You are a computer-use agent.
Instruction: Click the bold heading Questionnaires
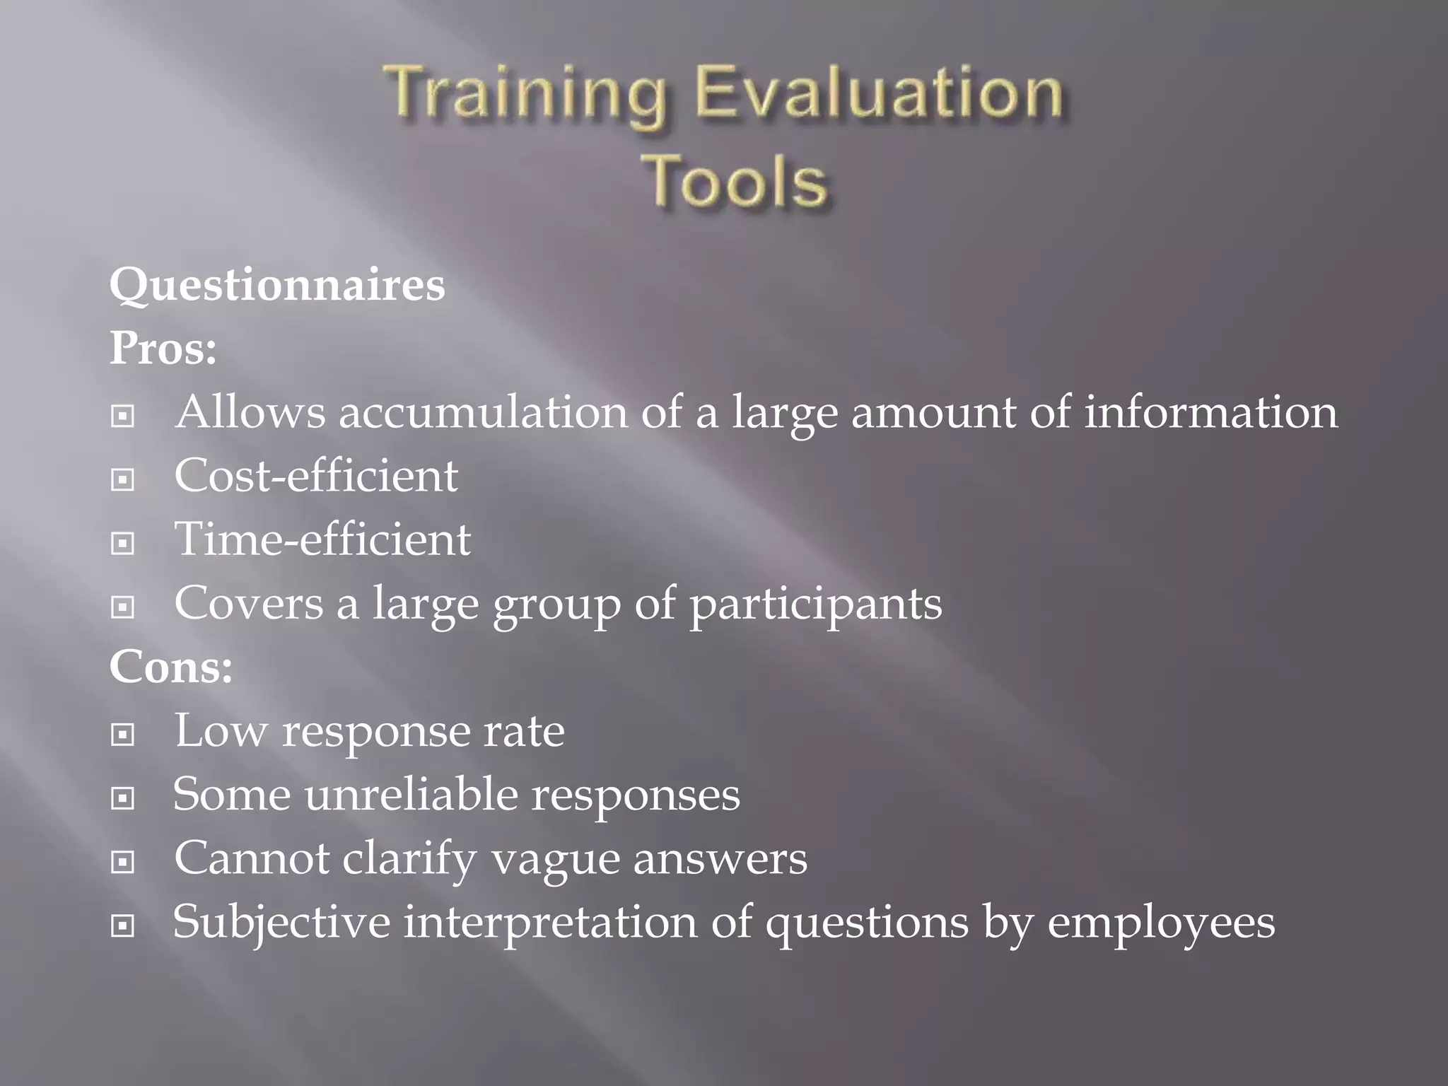(x=277, y=286)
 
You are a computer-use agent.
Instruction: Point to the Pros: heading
(x=163, y=349)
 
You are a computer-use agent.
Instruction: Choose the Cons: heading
(x=170, y=667)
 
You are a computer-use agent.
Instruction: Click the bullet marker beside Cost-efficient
(x=123, y=480)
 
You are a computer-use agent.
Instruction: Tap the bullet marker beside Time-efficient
(x=123, y=544)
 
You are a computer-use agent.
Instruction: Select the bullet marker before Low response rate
(x=123, y=735)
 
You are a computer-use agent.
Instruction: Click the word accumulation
(x=482, y=412)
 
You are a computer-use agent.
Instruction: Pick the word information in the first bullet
(x=1210, y=412)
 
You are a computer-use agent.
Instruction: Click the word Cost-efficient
(x=316, y=476)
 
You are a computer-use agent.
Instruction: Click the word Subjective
(x=281, y=923)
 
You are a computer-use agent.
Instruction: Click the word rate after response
(x=524, y=731)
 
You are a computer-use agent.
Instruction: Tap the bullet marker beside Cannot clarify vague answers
(x=123, y=862)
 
